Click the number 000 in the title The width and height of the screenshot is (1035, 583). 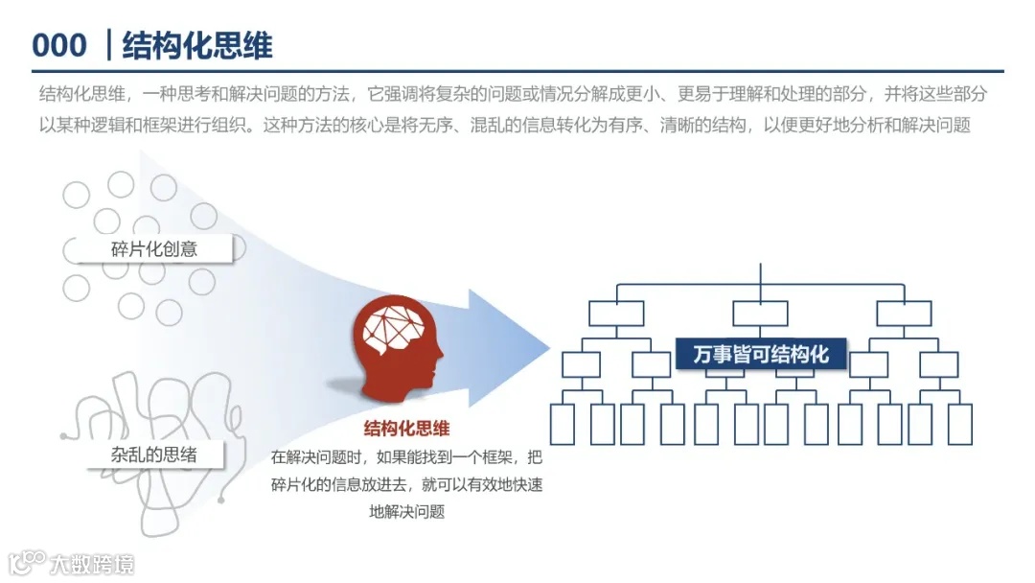pos(59,45)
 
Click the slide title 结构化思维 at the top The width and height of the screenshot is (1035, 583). pos(197,45)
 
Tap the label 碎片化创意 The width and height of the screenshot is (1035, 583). pos(154,249)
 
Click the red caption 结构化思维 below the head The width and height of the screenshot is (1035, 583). pos(406,429)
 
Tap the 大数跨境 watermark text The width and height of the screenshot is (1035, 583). pos(93,563)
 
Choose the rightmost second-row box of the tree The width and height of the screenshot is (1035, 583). pos(904,314)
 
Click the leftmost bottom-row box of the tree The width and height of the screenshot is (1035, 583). pos(563,424)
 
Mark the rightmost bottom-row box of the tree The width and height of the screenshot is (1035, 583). pos(959,424)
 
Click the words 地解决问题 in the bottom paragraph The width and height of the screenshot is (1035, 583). pos(406,511)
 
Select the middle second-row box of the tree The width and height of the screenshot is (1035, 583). pos(760,314)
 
